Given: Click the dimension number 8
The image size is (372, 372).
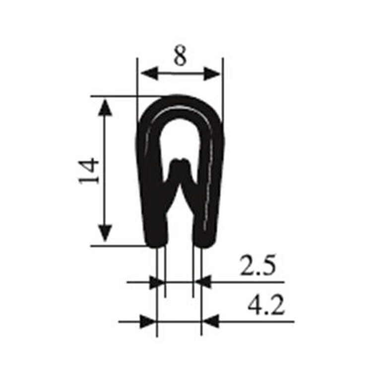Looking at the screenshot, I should (x=180, y=57).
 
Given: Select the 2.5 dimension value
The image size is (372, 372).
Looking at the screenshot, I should (x=257, y=266).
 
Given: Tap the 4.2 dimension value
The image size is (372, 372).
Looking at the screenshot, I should (x=266, y=306).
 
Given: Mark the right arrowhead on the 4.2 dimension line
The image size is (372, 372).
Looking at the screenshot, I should (x=211, y=321).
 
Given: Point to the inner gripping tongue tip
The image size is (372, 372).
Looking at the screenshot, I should (x=180, y=162).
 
